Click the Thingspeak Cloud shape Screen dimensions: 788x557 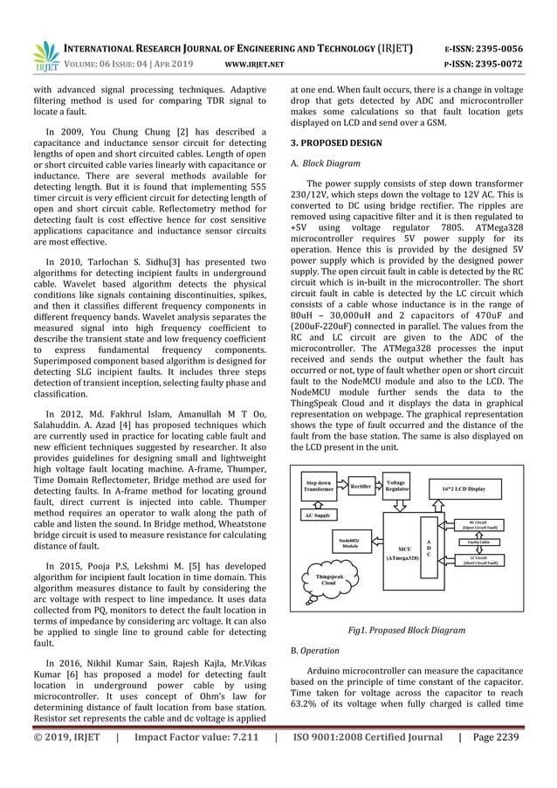coord(325,580)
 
